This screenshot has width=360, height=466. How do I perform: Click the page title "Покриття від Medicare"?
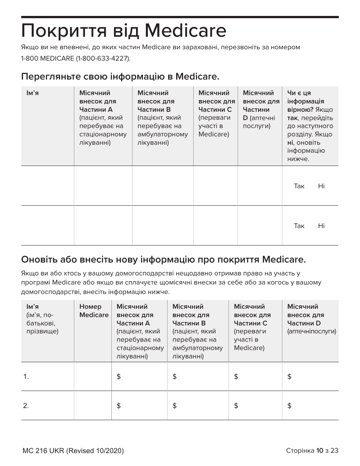click(x=124, y=31)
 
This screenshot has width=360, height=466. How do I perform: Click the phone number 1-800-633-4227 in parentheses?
click(x=103, y=58)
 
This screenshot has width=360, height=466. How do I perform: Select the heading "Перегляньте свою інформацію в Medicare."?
click(x=120, y=77)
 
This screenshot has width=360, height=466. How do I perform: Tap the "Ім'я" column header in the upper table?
click(x=32, y=93)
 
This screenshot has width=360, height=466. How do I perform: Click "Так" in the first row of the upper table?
click(x=299, y=186)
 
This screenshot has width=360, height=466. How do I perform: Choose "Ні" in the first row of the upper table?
click(x=321, y=186)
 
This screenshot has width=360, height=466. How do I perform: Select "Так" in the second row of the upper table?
click(x=299, y=226)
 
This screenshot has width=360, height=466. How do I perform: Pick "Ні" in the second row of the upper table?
click(x=321, y=226)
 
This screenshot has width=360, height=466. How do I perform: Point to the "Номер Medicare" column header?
click(x=94, y=311)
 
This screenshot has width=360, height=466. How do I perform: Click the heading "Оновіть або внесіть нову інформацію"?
click(x=163, y=260)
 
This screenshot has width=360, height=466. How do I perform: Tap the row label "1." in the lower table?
click(x=26, y=377)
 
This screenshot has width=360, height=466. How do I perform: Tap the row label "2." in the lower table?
click(x=26, y=406)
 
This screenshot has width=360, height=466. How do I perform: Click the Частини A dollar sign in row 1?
click(x=119, y=377)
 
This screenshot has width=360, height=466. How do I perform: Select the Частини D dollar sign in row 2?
click(x=290, y=406)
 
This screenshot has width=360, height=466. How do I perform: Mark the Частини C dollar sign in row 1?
click(x=236, y=377)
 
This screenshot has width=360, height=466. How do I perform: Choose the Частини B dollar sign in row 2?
click(x=174, y=406)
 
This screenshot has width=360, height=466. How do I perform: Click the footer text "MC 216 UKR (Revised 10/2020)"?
click(x=73, y=451)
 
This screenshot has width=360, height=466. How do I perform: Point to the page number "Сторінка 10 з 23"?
click(x=312, y=450)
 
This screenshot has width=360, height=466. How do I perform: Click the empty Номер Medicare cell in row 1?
click(x=92, y=377)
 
